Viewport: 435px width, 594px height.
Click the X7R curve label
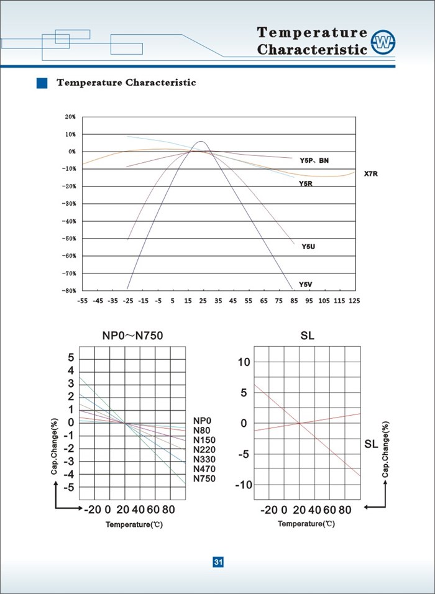371,174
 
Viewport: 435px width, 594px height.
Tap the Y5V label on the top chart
305,285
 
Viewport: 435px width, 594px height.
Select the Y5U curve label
308,247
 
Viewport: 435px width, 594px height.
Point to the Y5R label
305,184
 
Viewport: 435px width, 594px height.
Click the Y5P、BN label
314,161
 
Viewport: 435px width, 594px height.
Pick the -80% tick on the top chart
69,291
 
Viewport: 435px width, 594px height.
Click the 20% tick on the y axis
70,117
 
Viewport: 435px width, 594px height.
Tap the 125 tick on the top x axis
354,301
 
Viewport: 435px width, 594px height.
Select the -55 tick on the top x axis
82,301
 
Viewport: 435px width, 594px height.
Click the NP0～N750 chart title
133,336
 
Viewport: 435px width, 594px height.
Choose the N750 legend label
204,479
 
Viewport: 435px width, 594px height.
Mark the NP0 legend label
203,421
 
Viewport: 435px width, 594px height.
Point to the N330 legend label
204,459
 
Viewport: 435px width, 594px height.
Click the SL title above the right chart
307,336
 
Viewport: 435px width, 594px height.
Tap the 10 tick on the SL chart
244,362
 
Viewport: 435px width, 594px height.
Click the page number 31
218,562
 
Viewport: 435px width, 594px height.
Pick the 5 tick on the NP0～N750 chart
71,357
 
